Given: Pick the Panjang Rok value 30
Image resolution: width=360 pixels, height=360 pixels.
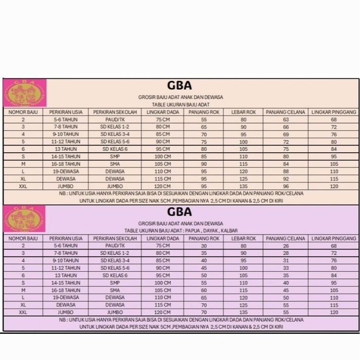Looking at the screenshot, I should [x=204, y=246].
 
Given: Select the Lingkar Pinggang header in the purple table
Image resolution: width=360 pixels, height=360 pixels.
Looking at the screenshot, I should [x=334, y=239].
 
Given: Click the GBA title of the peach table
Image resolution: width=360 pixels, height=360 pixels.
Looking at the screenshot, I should [x=179, y=85].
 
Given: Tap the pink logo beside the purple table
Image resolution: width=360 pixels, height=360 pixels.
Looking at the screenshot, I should [x=24, y=218].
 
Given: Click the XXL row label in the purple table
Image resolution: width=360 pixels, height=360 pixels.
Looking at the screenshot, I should [x=23, y=312].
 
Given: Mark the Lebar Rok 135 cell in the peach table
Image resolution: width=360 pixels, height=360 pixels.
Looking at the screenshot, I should [x=243, y=186].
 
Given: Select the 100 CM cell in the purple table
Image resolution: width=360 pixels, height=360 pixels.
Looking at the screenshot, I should [x=163, y=282].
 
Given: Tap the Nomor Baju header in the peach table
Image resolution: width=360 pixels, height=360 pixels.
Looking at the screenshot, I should [x=23, y=112].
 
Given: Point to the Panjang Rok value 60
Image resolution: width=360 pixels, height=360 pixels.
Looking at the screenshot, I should [x=204, y=290].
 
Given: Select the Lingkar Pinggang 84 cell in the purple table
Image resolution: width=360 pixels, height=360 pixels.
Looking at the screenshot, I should [x=334, y=275].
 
